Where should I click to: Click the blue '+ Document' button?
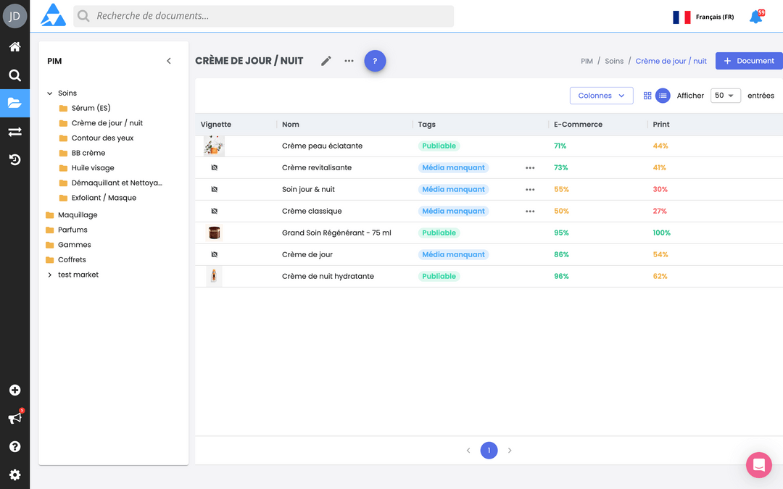click(749, 61)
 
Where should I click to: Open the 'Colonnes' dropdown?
click(601, 96)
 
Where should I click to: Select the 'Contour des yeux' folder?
click(102, 138)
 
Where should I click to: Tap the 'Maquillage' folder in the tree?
click(77, 215)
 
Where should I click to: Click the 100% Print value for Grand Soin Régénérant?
click(661, 233)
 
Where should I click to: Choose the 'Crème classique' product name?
click(312, 212)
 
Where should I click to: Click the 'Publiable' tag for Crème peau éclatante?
click(439, 146)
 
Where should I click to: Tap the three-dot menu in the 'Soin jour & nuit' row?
click(530, 190)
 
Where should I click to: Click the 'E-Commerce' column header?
click(578, 125)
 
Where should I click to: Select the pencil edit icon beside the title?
click(326, 61)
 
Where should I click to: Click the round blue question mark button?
click(375, 61)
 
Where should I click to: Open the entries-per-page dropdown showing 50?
click(725, 96)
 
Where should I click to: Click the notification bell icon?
click(755, 17)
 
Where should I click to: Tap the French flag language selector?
click(681, 17)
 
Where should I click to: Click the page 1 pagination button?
click(489, 451)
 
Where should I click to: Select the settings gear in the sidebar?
click(14, 475)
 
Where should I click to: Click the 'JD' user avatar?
click(14, 16)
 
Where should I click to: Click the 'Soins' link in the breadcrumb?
click(614, 62)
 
